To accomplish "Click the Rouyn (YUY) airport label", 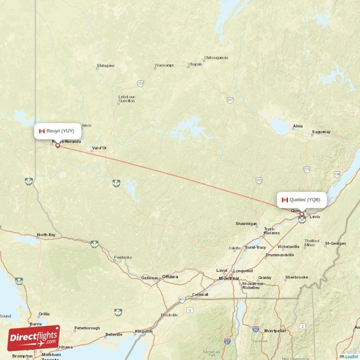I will [58, 131].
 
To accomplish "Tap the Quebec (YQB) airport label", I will [301, 200].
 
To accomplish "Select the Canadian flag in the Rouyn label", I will [42, 131].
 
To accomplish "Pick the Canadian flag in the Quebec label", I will [284, 200].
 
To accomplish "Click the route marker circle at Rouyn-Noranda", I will [57, 145].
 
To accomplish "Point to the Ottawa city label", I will [170, 276].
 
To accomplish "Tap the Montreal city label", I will [229, 279].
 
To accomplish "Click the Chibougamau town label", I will [216, 58].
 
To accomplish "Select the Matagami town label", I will [106, 66].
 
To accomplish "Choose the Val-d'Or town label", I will [99, 148].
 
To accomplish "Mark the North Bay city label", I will [46, 235].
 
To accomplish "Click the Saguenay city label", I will [321, 132].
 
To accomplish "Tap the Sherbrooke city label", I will [297, 277].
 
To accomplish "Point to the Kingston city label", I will [144, 331].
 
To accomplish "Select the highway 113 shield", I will [141, 84].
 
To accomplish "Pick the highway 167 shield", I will [230, 100].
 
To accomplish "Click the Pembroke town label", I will [123, 257].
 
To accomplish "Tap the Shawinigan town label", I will [247, 224].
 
